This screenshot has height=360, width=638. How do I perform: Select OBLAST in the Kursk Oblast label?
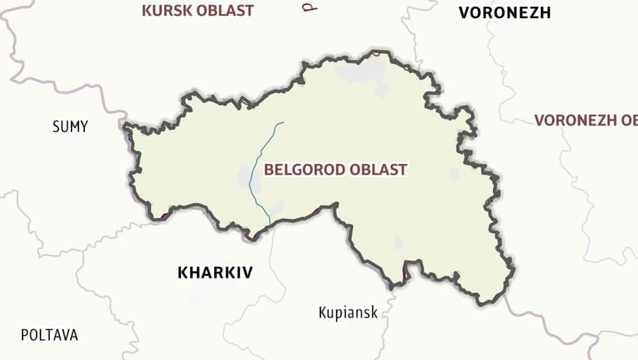[226, 11]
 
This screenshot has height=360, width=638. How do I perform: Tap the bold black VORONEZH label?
[504, 12]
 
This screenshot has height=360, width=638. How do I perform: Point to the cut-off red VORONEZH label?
[585, 120]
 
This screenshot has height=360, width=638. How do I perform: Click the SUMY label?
[70, 127]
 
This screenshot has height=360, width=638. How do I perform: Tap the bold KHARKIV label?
[215, 273]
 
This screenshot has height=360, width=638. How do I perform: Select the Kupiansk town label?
[348, 312]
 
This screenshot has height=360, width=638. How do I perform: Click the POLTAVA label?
[49, 335]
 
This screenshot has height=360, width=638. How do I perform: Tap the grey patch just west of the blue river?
[245, 176]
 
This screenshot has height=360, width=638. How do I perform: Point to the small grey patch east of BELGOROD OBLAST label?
[454, 175]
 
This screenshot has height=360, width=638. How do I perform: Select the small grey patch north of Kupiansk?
[398, 242]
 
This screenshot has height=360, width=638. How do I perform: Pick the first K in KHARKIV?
[183, 273]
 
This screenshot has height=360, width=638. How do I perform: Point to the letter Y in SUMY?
[84, 127]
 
